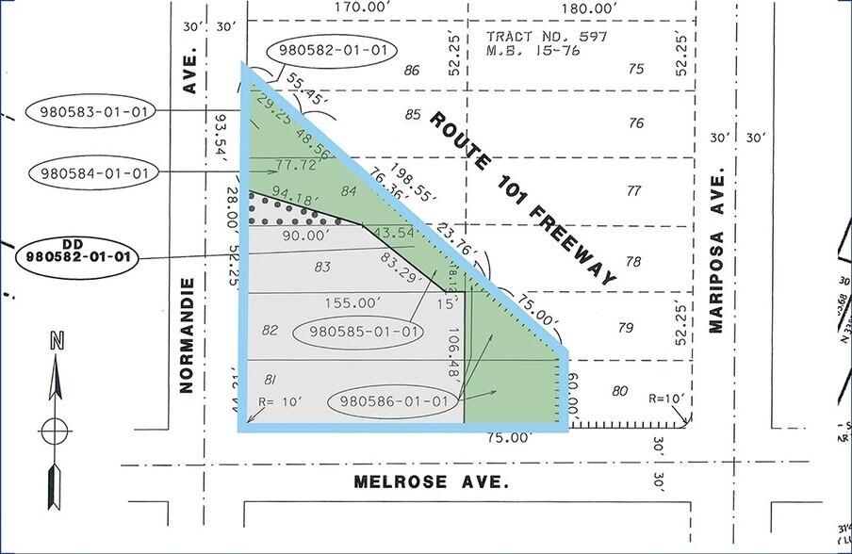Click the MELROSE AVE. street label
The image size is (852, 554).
pos(431,481)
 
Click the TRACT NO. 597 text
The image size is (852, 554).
pos(547,37)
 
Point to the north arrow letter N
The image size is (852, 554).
pos(56,344)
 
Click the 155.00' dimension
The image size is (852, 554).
pos(357,304)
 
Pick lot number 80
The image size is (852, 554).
pos(618,390)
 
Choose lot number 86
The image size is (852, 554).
pos(410,70)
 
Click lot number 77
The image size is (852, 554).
pos(634,191)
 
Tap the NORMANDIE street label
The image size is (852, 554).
pos(186,334)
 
